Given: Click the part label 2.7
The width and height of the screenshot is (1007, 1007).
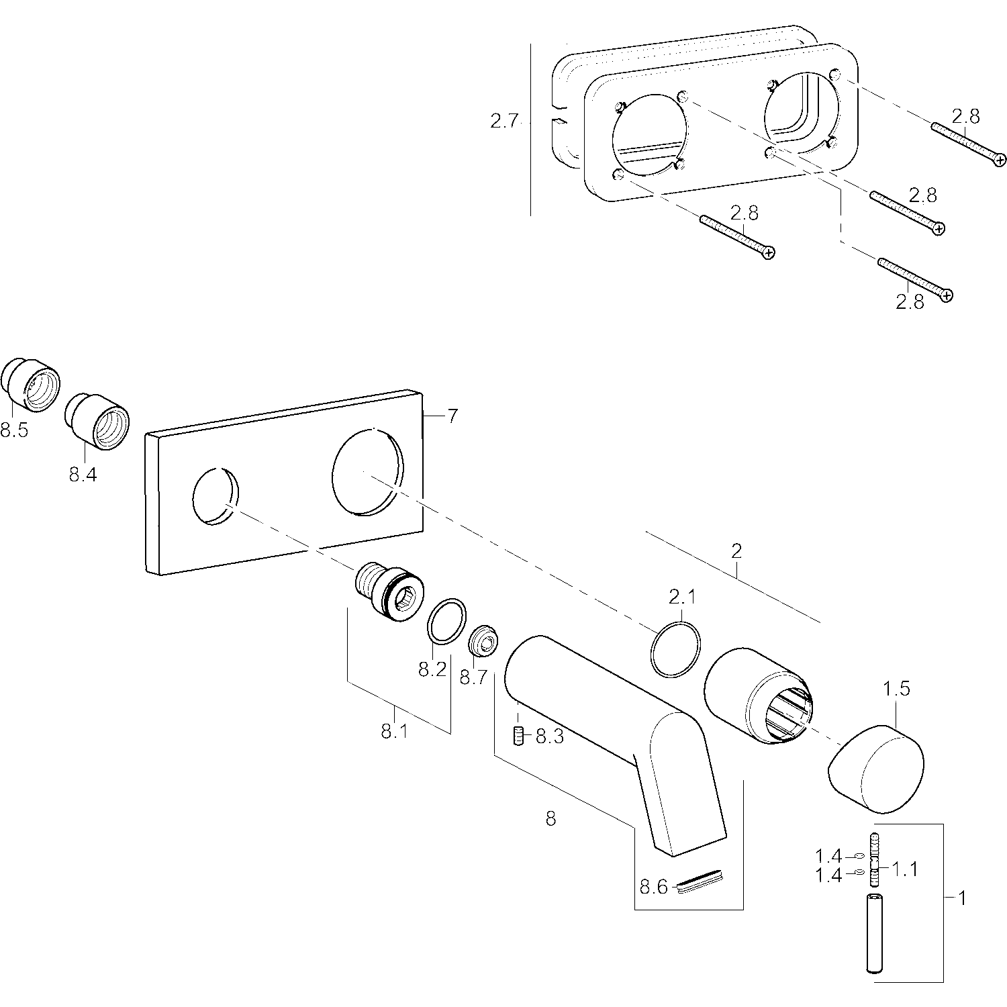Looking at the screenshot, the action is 504,122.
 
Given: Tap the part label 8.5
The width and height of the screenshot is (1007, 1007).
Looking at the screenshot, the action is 14,430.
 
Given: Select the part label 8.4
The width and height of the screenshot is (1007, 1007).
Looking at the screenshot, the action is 83,475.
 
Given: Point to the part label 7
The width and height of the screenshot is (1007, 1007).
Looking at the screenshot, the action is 452,416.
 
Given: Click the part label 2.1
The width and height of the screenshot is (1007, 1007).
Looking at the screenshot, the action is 682,596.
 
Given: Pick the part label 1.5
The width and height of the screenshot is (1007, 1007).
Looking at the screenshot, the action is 896,689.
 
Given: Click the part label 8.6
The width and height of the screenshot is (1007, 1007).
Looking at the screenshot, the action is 653,887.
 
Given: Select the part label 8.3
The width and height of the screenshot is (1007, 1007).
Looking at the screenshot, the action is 550,737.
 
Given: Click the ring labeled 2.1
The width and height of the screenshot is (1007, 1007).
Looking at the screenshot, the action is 675,649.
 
